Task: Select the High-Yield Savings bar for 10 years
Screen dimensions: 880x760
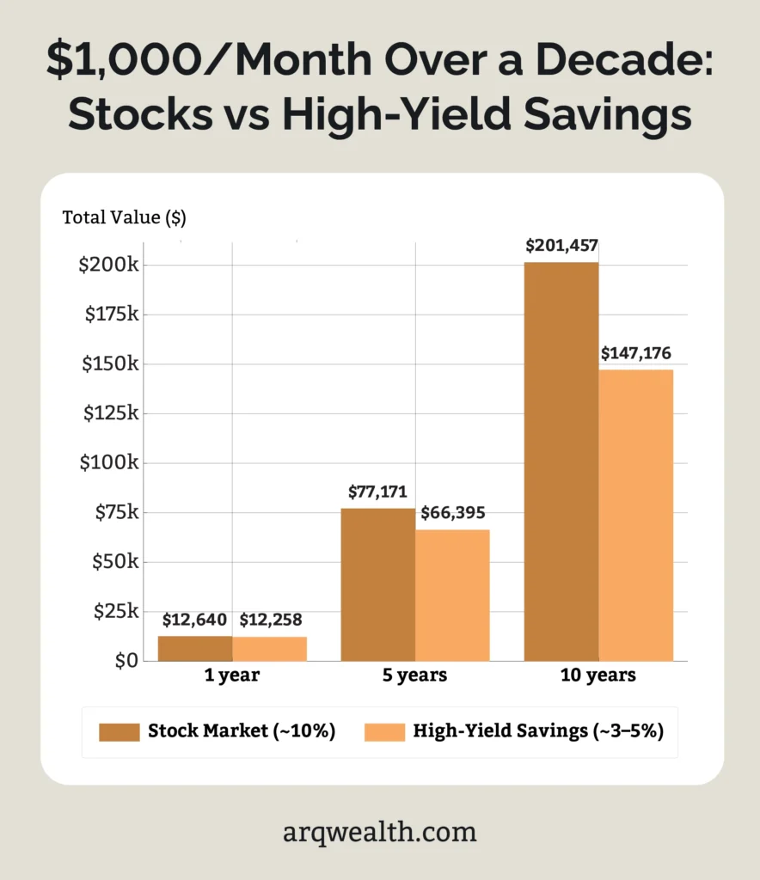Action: click(x=635, y=515)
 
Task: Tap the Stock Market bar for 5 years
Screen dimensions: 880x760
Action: click(x=377, y=584)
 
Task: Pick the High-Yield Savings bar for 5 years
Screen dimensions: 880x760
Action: click(x=452, y=595)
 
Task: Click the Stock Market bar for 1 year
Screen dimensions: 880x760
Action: click(x=194, y=648)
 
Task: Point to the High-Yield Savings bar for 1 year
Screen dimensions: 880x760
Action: click(x=269, y=649)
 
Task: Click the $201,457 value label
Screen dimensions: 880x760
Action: click(x=561, y=247)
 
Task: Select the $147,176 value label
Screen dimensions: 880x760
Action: click(x=635, y=353)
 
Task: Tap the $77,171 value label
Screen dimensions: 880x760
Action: click(x=377, y=492)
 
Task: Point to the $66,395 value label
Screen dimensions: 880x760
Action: click(x=452, y=513)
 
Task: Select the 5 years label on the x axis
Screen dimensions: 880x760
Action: click(x=414, y=675)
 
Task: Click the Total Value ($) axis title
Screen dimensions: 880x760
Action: click(x=124, y=217)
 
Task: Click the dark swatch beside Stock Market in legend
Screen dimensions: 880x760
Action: click(x=120, y=732)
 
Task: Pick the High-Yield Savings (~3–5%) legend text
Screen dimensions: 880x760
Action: click(x=537, y=732)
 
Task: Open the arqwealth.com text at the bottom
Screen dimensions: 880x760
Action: click(x=379, y=832)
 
